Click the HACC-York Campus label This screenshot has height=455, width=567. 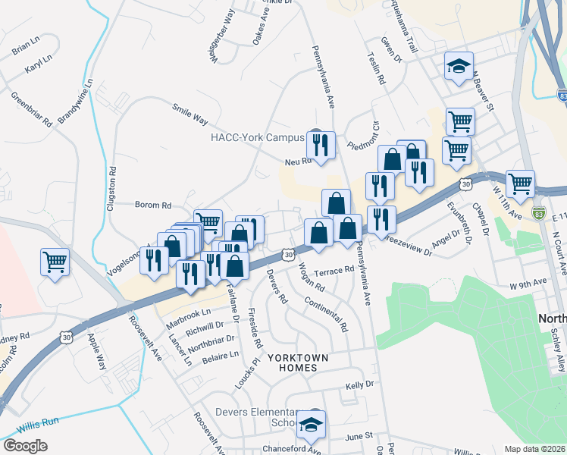point(257,138)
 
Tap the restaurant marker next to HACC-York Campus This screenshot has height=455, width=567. point(321,143)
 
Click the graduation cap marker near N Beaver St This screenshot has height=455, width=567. point(458,66)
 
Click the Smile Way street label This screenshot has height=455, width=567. point(190,114)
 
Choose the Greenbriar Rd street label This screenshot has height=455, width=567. point(31,108)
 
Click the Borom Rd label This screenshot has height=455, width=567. point(153,205)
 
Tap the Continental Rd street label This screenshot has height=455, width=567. point(325,314)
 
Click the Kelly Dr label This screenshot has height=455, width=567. point(360,385)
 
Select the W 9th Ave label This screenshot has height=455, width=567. point(528,283)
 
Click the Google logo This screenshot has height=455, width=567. point(25,446)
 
